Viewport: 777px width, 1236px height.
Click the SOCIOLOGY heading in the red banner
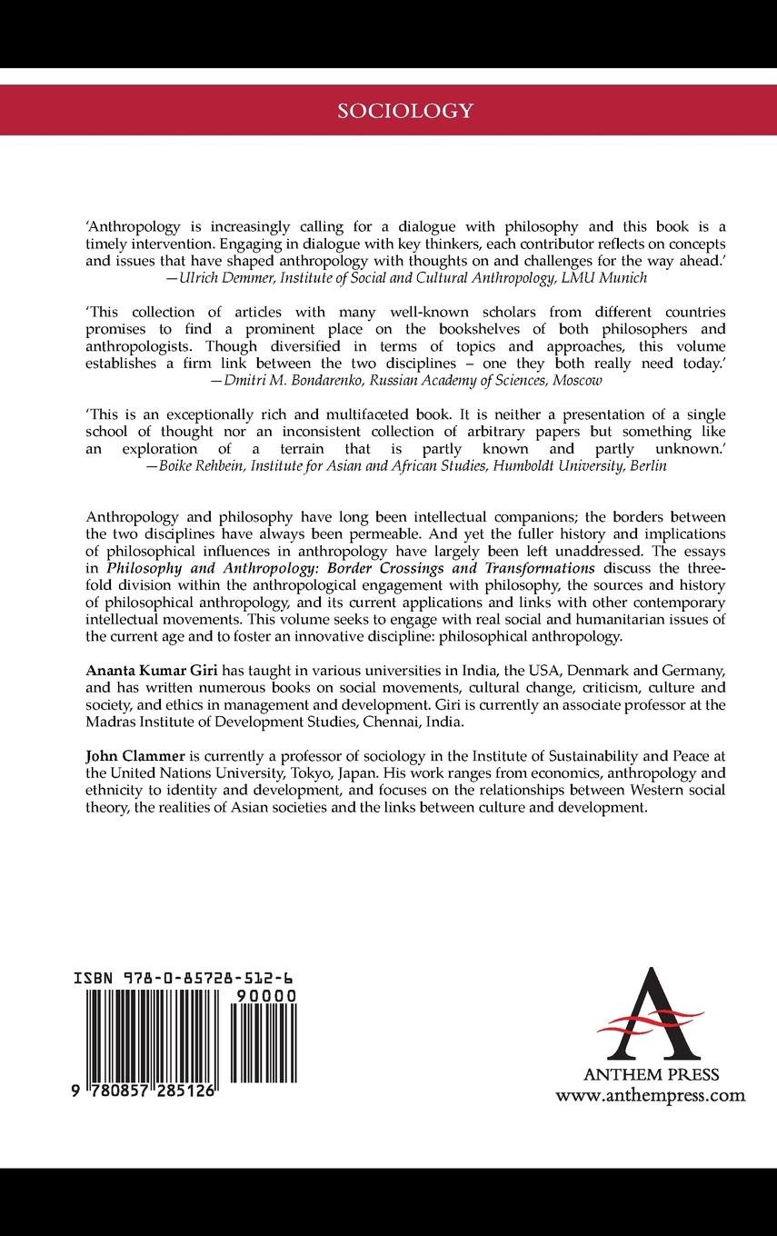[405, 111]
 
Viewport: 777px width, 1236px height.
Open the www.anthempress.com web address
[650, 1095]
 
